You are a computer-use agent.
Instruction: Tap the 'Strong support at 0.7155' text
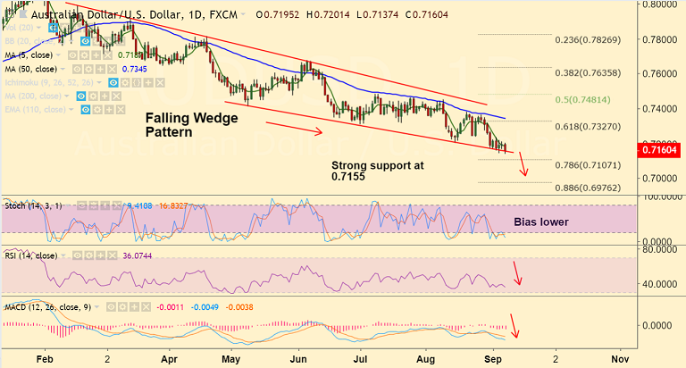coord(377,171)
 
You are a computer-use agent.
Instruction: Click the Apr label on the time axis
coord(169,357)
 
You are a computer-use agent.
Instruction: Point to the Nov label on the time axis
coord(619,357)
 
